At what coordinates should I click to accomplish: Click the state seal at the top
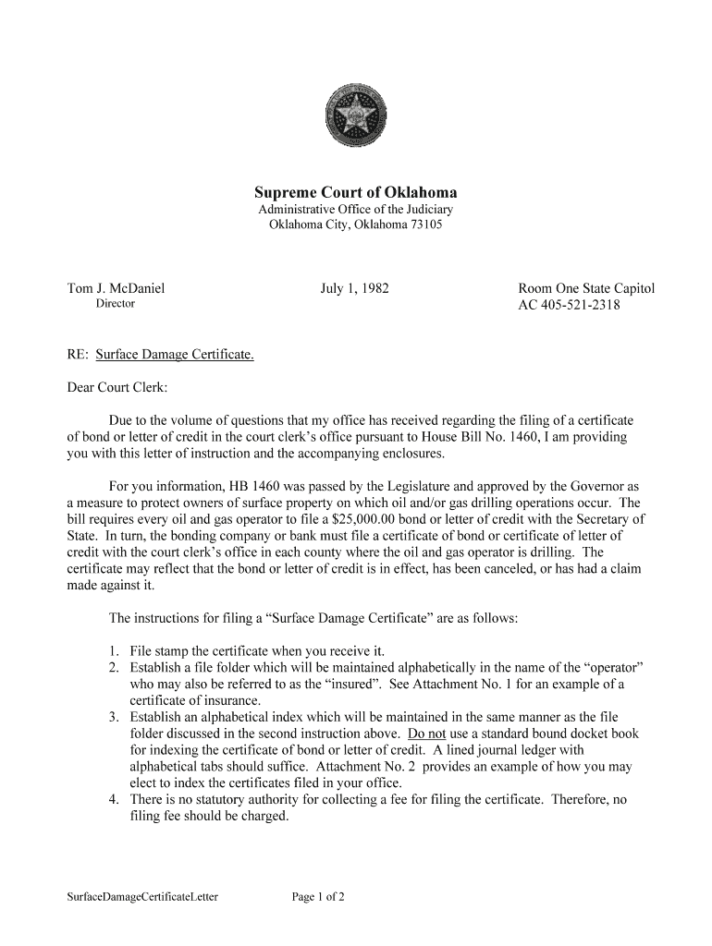(355, 117)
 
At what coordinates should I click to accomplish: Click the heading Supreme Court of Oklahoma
(356, 193)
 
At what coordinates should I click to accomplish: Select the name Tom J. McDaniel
(116, 288)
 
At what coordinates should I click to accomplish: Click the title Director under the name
(116, 304)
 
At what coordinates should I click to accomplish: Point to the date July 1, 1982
(354, 288)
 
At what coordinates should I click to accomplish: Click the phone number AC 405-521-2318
(569, 306)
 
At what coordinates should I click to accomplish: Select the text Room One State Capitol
(586, 288)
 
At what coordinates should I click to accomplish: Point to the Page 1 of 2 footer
(318, 896)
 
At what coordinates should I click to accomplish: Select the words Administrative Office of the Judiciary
(355, 210)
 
